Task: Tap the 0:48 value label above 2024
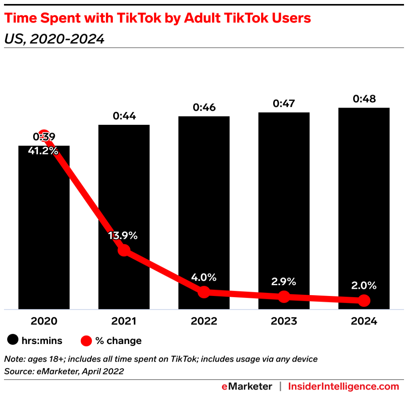click(364, 99)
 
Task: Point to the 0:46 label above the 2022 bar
click(204, 107)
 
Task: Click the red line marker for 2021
click(124, 250)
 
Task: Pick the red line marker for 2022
click(204, 292)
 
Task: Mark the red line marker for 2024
click(364, 300)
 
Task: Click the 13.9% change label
click(123, 236)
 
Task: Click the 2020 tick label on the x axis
click(44, 321)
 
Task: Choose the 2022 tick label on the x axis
click(204, 321)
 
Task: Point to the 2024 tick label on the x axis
click(364, 321)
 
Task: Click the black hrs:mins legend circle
click(13, 341)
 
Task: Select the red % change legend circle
click(87, 341)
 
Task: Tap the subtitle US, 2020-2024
click(54, 39)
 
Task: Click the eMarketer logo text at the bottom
click(247, 386)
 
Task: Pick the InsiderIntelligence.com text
click(343, 386)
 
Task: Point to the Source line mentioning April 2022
click(64, 371)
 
